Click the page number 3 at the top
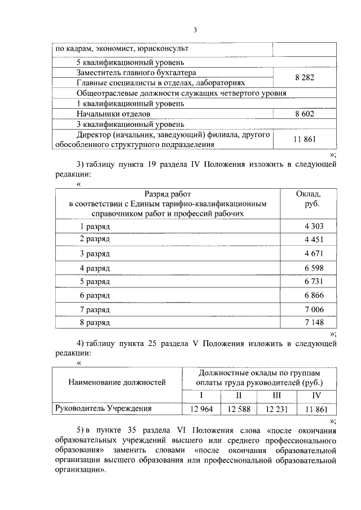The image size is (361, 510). pyautogui.click(x=195, y=29)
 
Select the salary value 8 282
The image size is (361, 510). pyautogui.click(x=304, y=78)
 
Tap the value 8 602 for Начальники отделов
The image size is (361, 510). pyautogui.click(x=304, y=114)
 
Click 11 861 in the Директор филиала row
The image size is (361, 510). pyautogui.click(x=304, y=139)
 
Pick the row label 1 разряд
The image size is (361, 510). pyautogui.click(x=94, y=226)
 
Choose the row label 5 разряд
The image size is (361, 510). pyautogui.click(x=94, y=281)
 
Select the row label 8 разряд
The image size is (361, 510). pyautogui.click(x=94, y=323)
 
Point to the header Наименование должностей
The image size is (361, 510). pyautogui.click(x=117, y=383)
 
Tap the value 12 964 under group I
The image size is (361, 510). pyautogui.click(x=201, y=409)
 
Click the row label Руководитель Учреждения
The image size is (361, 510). pyautogui.click(x=103, y=409)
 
